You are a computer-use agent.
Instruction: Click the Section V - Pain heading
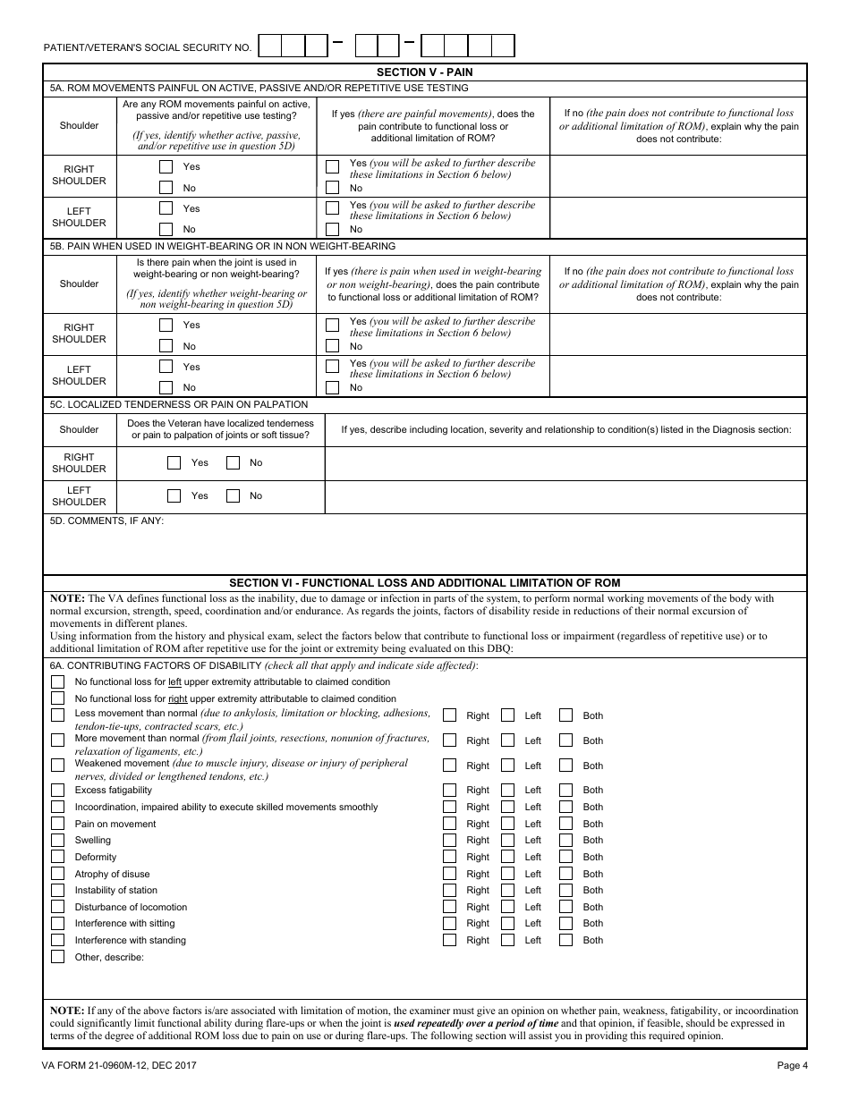425,72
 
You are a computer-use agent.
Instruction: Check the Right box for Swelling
450,841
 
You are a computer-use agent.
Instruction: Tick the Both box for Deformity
566,857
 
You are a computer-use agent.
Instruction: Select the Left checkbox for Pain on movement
508,824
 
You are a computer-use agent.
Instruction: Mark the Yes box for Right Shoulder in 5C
174,462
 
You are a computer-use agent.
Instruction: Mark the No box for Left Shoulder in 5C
234,495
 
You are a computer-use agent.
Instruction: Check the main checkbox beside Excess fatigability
58,791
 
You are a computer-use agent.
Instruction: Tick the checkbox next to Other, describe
58,957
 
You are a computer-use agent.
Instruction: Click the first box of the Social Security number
269,46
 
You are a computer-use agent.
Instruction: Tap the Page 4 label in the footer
793,1065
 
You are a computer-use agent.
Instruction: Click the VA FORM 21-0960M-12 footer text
119,1065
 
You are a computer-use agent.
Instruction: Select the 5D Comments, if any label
106,520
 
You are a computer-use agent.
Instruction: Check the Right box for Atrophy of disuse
450,874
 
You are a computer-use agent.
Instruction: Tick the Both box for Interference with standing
566,940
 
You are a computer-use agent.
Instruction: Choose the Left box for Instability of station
508,891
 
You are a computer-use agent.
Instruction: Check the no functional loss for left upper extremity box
58,682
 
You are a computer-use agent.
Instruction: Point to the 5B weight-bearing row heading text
223,246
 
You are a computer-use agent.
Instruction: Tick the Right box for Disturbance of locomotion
450,907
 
